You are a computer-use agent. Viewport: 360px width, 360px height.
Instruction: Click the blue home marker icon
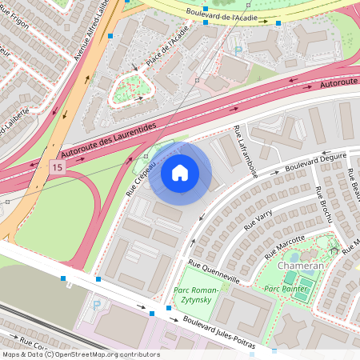coord(180,173)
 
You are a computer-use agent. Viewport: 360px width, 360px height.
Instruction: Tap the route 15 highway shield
coord(56,167)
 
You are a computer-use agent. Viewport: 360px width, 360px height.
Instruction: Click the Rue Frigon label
coord(14,22)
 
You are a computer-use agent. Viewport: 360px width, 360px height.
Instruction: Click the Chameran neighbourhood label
coord(301,265)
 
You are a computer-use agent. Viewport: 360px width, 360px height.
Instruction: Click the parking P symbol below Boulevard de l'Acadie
coord(237,50)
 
